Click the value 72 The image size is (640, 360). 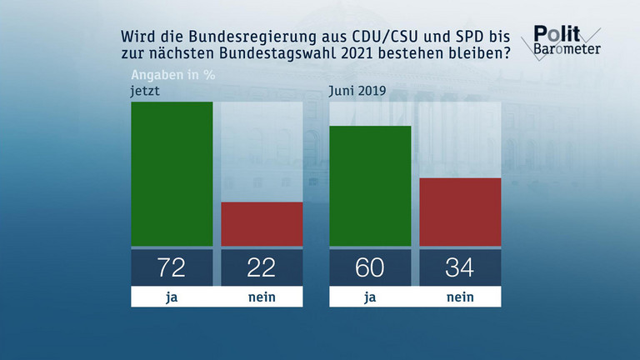click(172, 267)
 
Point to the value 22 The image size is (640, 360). click(262, 267)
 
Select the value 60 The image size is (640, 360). click(371, 267)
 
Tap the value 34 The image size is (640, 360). click(460, 267)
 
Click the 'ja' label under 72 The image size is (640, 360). click(172, 296)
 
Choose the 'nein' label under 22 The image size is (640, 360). click(262, 296)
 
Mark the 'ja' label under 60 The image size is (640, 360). click(371, 296)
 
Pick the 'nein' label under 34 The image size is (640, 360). click(460, 296)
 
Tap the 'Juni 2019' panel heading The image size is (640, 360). click(357, 91)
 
